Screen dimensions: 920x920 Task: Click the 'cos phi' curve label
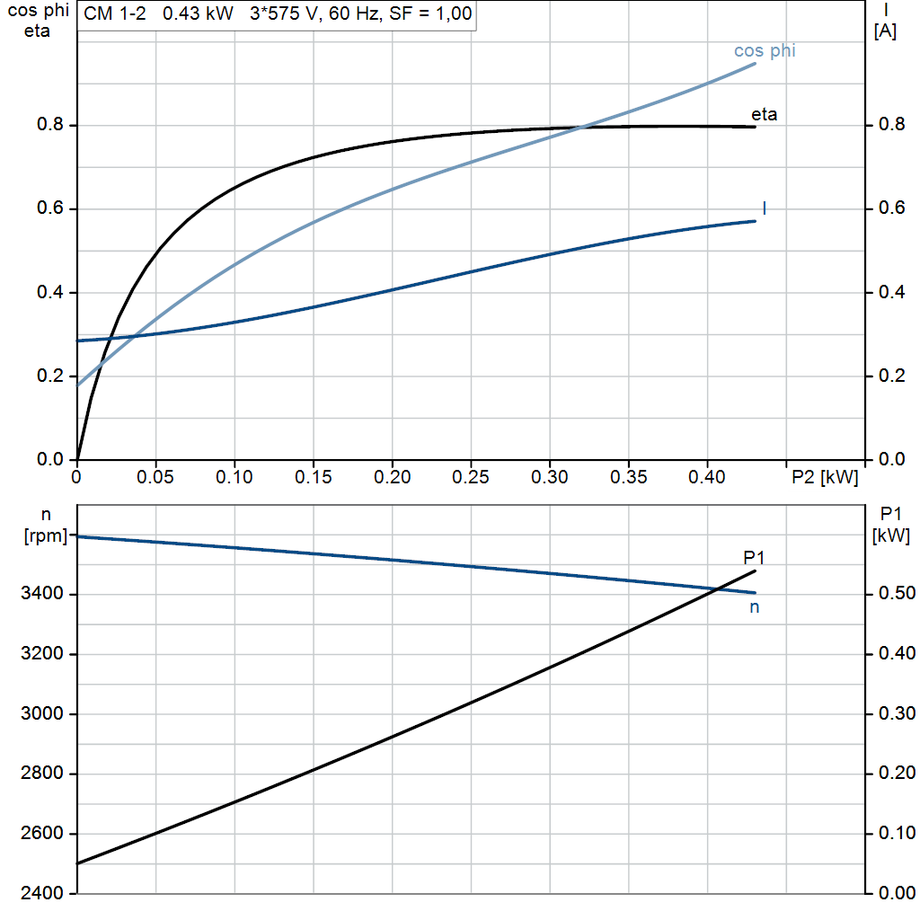pyautogui.click(x=765, y=51)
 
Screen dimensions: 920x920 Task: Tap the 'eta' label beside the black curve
pyautogui.click(x=764, y=115)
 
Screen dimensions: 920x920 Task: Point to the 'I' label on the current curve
pyautogui.click(x=764, y=208)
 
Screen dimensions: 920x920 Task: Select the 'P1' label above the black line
pyautogui.click(x=753, y=559)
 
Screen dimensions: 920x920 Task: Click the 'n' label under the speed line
pyautogui.click(x=755, y=607)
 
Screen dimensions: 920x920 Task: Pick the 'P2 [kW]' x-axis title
pyautogui.click(x=825, y=476)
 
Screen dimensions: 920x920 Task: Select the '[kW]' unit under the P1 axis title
pyautogui.click(x=890, y=536)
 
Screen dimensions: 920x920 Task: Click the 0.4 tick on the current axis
pyautogui.click(x=889, y=293)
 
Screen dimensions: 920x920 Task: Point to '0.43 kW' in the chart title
pyautogui.click(x=198, y=15)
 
